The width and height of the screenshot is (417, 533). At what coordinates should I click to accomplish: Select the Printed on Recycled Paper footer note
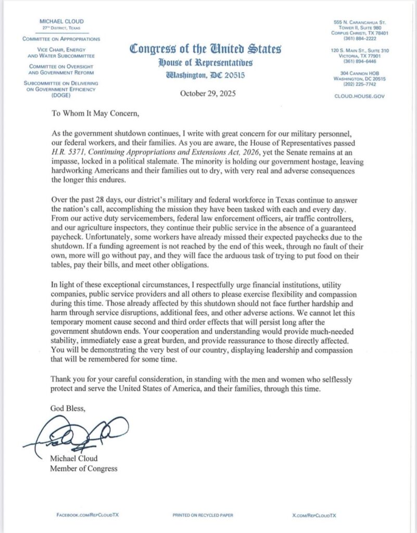click(x=207, y=514)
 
